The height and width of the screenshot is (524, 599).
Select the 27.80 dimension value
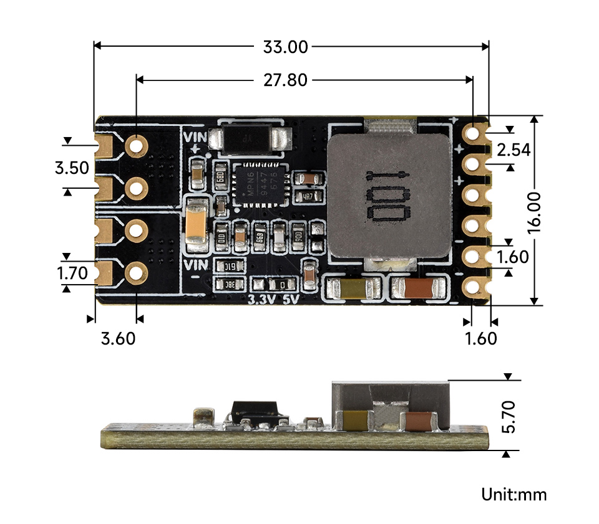tap(285, 80)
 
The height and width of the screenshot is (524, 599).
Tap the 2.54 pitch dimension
tap(512, 150)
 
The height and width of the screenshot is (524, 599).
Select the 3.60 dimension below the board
tap(118, 339)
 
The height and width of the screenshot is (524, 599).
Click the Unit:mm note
tap(514, 495)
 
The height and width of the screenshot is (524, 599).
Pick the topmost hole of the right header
tap(474, 133)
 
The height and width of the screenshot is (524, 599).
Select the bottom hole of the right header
tap(474, 287)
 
